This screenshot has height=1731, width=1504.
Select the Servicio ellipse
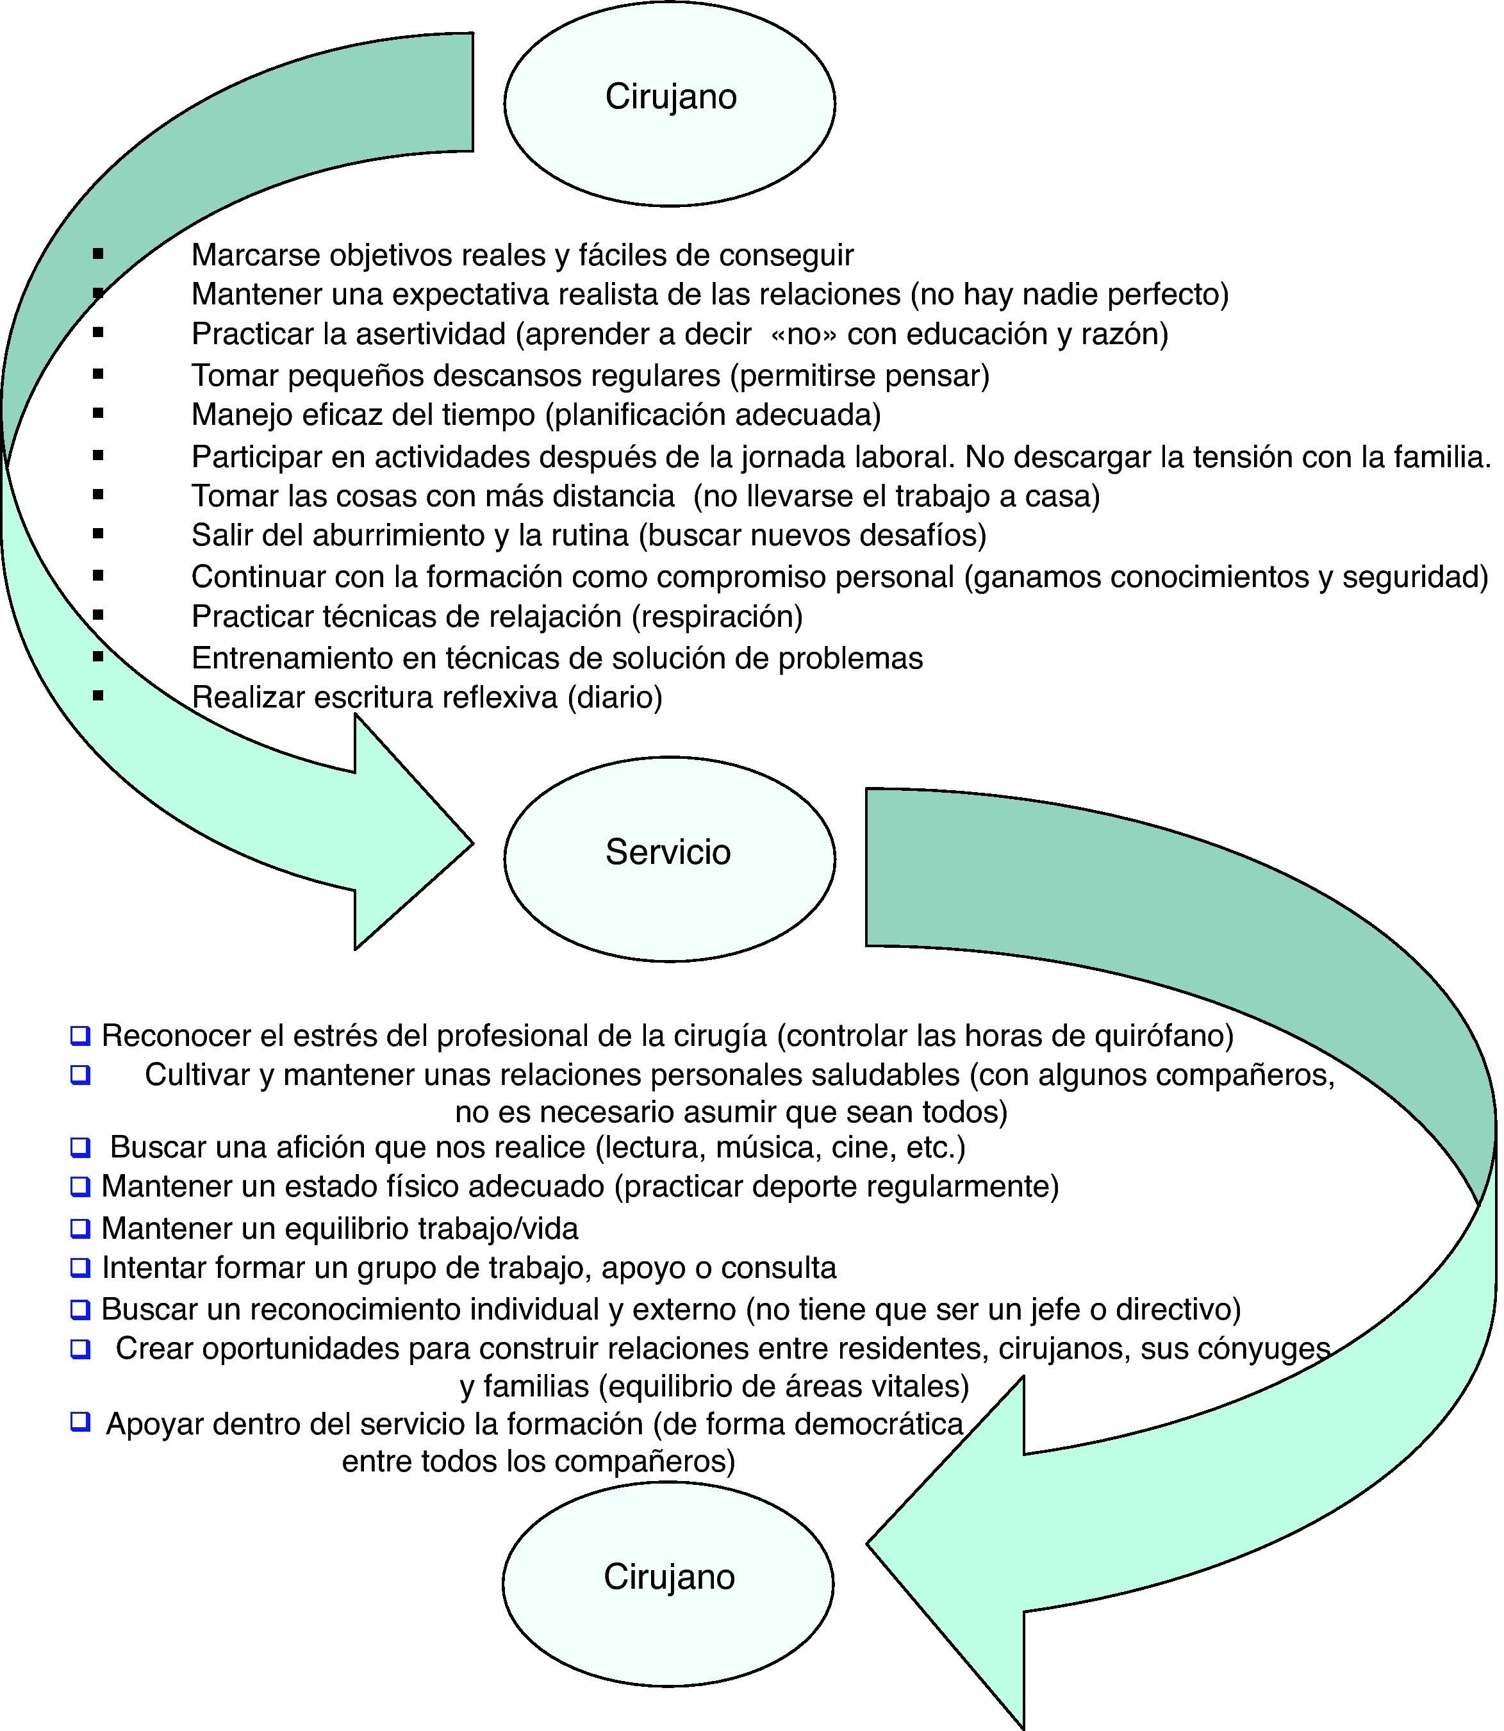pos(670,858)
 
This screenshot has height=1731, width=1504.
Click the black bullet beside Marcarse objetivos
pos(98,253)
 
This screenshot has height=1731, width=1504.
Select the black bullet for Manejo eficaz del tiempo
pos(98,413)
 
